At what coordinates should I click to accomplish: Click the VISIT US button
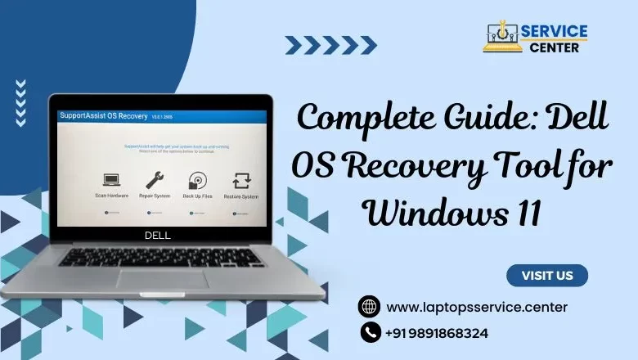546,276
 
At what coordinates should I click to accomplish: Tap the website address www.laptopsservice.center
477,307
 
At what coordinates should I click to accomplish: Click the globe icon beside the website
370,307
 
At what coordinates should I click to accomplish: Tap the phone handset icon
370,332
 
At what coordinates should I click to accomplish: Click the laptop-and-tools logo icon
503,37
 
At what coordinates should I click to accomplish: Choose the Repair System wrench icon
155,180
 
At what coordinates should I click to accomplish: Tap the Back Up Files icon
197,180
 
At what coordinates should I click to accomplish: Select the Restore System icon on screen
241,180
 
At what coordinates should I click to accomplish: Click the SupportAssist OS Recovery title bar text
99,116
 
